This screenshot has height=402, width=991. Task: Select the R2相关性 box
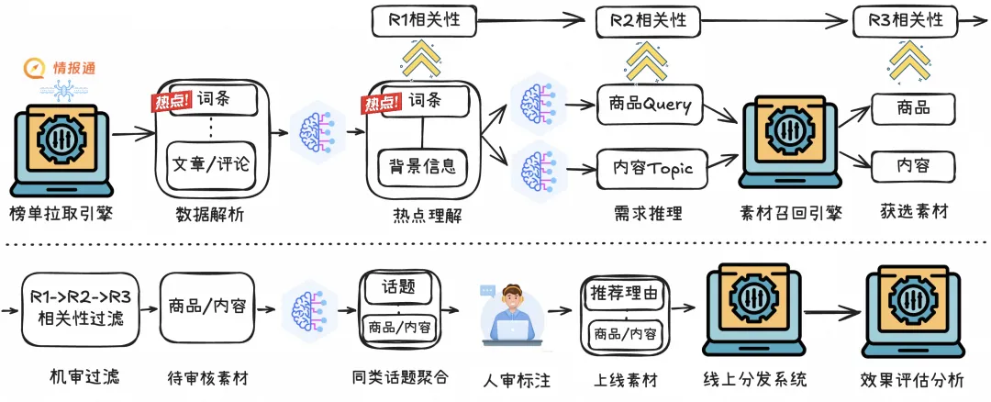649,20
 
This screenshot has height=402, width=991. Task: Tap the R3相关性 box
905,20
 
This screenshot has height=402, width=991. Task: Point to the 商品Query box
649,105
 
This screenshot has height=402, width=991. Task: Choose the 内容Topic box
652,169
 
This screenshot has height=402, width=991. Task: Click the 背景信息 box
422,167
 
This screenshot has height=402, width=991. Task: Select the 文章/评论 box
212,164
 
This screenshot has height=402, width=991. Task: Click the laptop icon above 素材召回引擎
790,140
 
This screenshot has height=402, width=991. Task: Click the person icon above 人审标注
512,314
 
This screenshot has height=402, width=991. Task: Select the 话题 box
399,287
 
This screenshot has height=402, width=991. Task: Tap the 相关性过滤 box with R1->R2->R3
80,307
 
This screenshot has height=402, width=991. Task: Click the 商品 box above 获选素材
913,108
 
